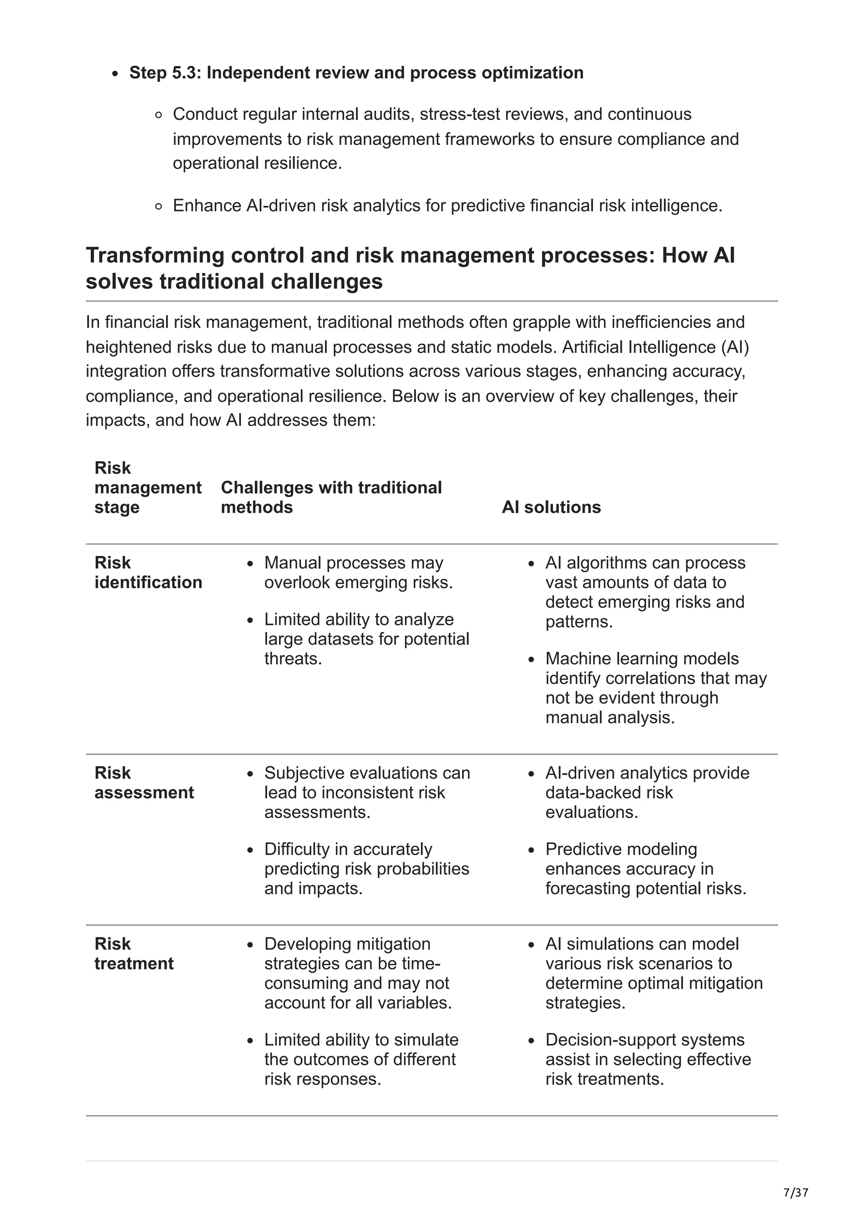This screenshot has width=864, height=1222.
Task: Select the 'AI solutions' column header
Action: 551,507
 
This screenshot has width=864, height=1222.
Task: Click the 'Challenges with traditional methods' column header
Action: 331,497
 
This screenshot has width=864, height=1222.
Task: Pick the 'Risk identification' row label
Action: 148,572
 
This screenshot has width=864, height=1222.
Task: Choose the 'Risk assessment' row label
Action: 144,782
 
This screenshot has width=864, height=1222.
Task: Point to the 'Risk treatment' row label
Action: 134,953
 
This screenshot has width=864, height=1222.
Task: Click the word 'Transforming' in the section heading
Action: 154,256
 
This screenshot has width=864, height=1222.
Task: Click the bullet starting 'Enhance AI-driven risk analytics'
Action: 447,205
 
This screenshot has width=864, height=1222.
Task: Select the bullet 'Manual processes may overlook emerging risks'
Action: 358,572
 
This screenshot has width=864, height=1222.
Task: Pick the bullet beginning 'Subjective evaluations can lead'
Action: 367,792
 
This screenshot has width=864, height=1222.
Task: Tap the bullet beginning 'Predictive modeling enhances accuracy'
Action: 645,869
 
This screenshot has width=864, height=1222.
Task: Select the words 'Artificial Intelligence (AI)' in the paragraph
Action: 655,347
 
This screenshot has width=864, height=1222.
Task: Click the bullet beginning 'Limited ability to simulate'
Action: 361,1059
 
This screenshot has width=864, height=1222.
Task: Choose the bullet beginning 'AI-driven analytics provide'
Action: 647,792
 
